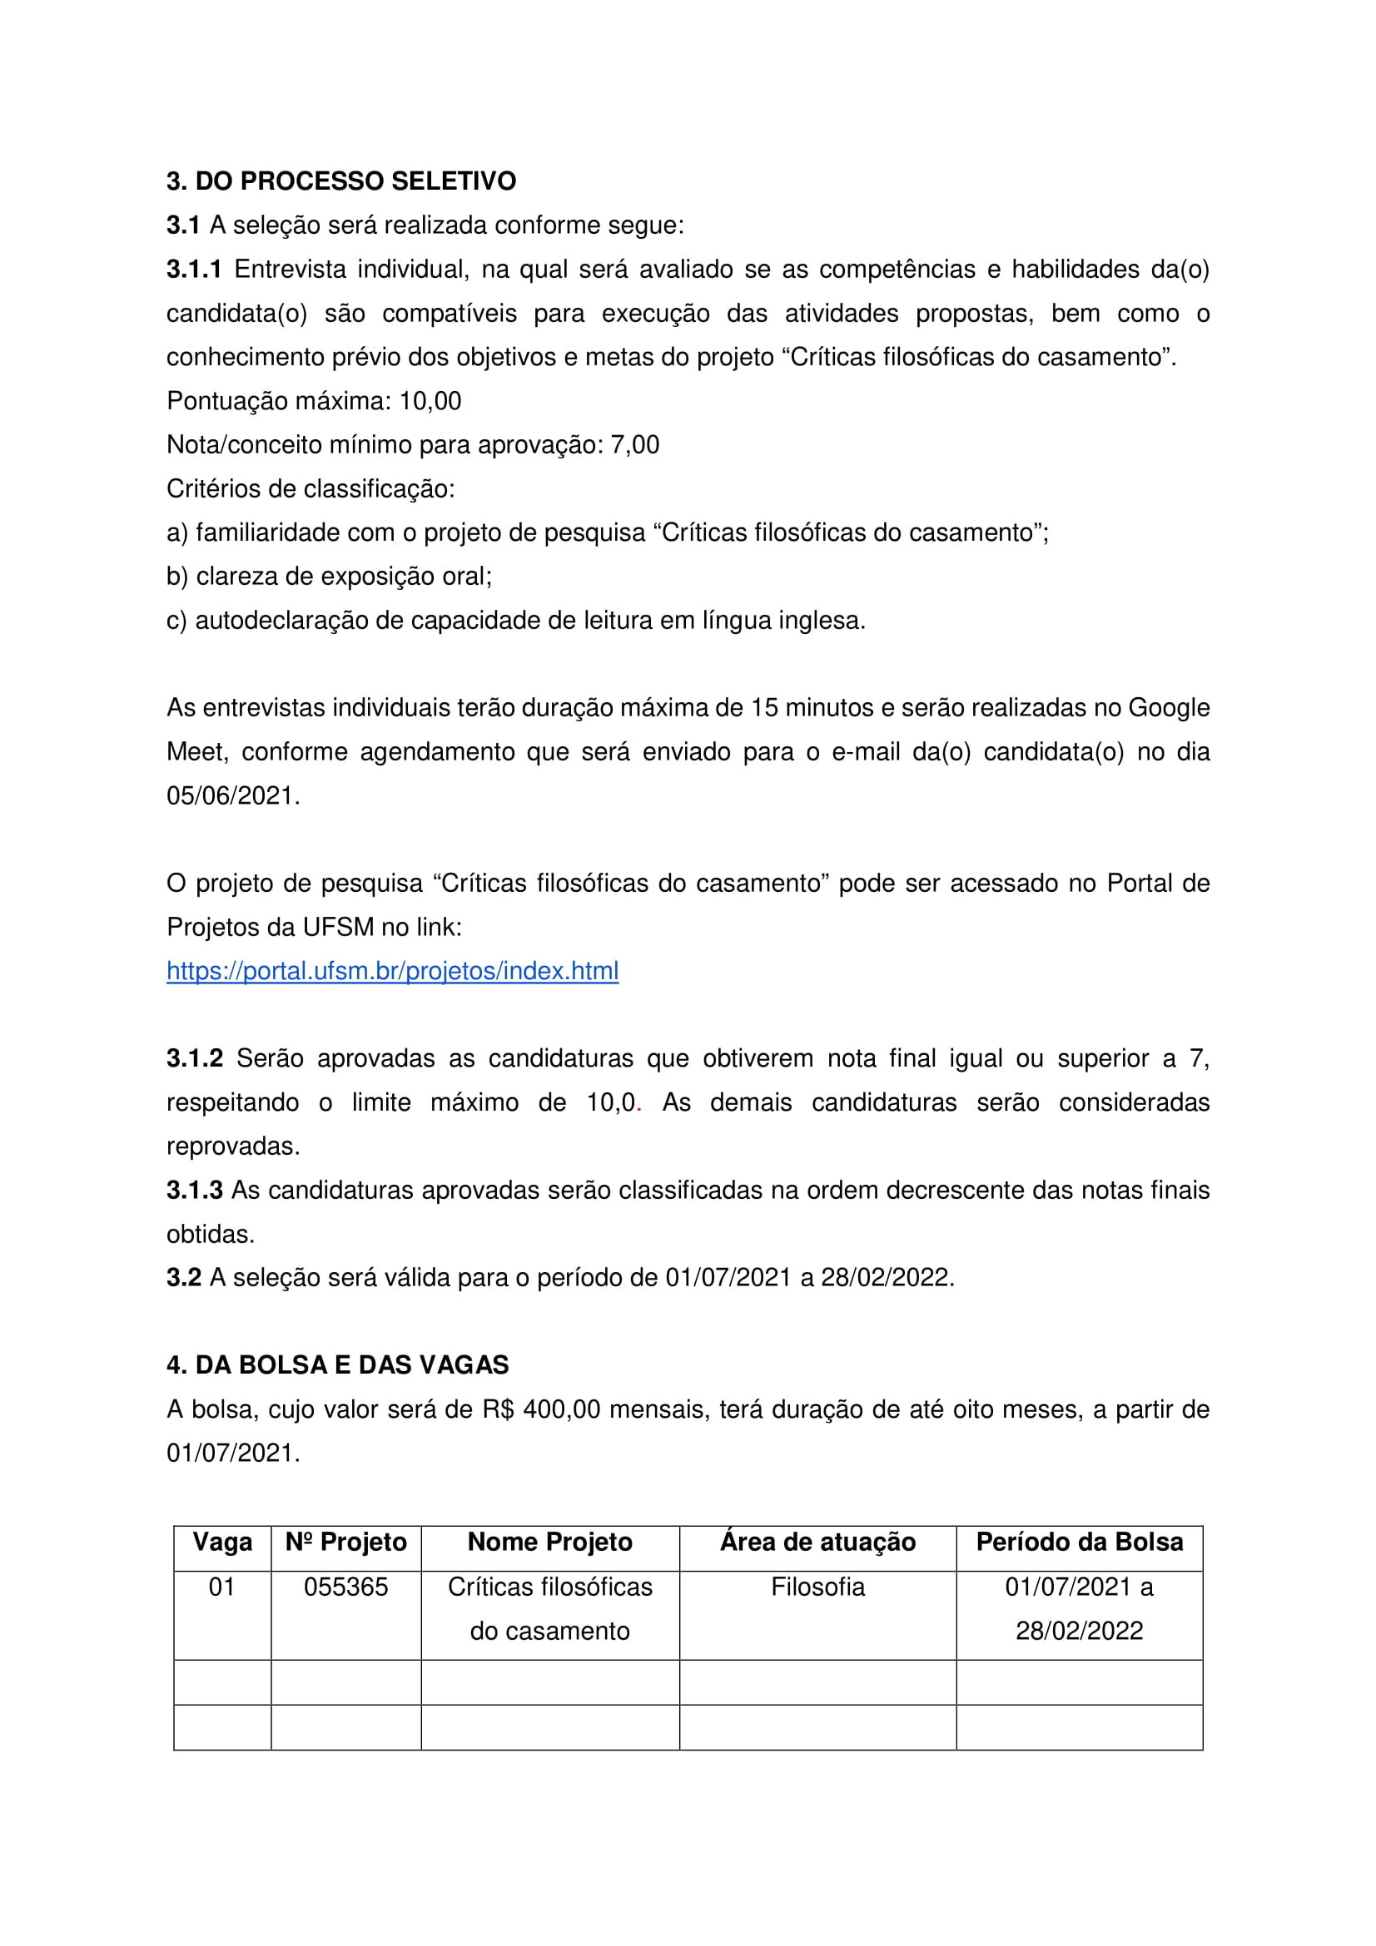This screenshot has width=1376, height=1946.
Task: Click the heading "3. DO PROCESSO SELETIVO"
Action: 340,181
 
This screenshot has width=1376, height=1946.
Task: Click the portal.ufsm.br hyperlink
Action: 392,971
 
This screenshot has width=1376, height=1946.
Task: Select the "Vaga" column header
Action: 222,1542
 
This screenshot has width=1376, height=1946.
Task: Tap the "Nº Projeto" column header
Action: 346,1542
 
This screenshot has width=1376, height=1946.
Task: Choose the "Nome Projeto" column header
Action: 549,1542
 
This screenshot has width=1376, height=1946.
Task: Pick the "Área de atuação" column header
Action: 817,1542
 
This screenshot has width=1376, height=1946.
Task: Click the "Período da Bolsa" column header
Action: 1079,1542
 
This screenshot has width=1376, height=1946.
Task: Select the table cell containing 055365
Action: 346,1587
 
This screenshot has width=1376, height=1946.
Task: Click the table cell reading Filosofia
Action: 817,1587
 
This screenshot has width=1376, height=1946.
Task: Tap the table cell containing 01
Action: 222,1587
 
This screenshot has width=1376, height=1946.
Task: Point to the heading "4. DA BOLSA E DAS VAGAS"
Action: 337,1365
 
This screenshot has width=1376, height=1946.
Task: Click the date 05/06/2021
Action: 232,796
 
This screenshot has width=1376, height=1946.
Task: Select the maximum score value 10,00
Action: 430,401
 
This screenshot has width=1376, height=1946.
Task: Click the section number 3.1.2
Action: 194,1058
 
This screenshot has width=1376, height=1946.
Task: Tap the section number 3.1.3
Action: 194,1190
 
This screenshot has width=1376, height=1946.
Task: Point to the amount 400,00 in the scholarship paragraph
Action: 561,1409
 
